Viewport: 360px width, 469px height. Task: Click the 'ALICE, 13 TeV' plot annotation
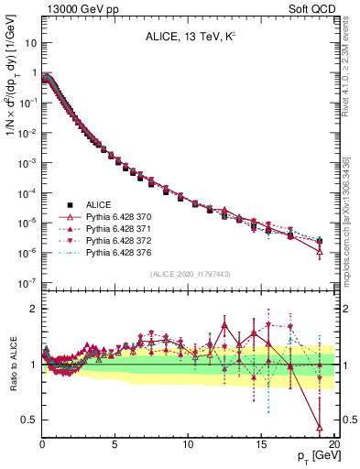[x=183, y=38]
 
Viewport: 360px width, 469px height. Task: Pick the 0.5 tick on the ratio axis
[x=28, y=420]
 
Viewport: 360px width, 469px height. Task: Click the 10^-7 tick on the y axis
[x=27, y=283]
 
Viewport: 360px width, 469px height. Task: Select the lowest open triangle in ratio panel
[x=319, y=427]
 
